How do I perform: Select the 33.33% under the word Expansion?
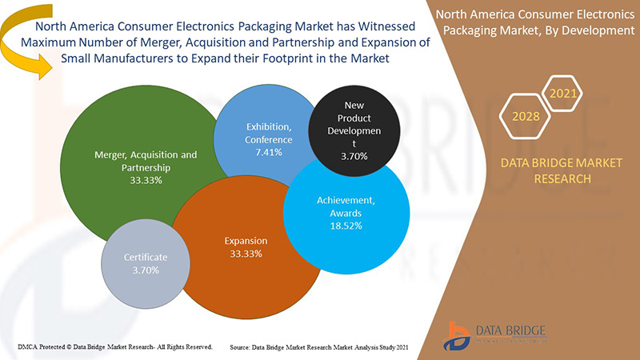[246, 254]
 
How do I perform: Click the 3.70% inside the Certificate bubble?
[146, 270]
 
